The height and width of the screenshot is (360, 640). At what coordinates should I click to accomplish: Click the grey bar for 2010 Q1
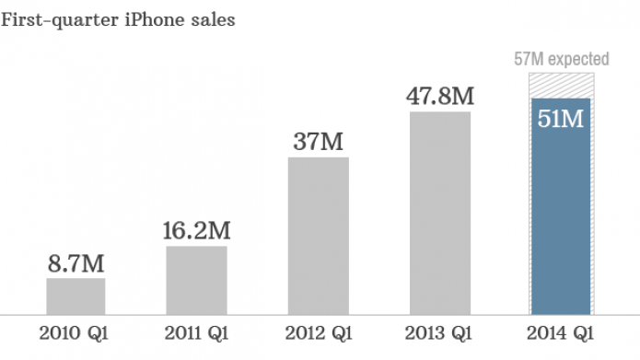pyautogui.click(x=76, y=295)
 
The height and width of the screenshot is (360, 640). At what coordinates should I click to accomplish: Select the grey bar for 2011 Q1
pyautogui.click(x=196, y=279)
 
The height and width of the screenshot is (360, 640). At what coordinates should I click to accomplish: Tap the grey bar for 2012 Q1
pyautogui.click(x=318, y=235)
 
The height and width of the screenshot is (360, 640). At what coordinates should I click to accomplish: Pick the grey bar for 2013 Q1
pyautogui.click(x=439, y=212)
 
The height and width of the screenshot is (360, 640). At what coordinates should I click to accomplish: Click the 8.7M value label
pyautogui.click(x=76, y=264)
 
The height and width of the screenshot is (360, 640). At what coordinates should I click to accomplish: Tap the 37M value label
pyautogui.click(x=318, y=143)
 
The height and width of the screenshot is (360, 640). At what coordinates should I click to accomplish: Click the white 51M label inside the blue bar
pyautogui.click(x=560, y=119)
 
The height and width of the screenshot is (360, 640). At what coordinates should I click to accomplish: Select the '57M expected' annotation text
pyautogui.click(x=560, y=60)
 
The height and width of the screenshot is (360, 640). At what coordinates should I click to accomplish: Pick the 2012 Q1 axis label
pyautogui.click(x=318, y=332)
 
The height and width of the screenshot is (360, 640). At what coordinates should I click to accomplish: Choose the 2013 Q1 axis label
pyautogui.click(x=439, y=332)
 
